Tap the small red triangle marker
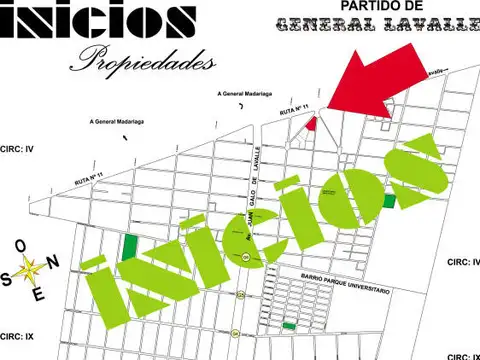[311, 123]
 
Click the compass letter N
[55, 261]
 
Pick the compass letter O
[20, 245]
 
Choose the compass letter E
[39, 294]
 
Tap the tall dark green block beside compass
[131, 245]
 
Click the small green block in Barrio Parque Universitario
[289, 326]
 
